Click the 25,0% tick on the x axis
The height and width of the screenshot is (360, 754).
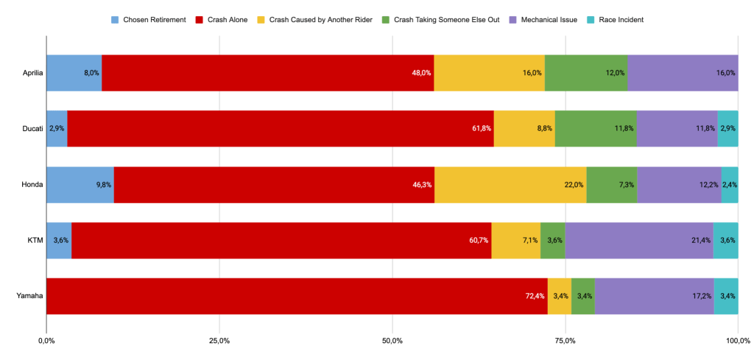tap(219, 341)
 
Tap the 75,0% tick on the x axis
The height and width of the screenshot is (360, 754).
tap(565, 341)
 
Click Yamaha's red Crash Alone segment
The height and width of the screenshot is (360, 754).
tap(295, 296)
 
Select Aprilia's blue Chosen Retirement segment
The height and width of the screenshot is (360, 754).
tap(74, 73)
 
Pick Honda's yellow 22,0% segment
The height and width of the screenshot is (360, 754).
tap(510, 185)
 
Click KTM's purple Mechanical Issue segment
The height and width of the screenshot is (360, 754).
tap(638, 240)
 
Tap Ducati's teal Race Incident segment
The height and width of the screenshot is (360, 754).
tap(727, 129)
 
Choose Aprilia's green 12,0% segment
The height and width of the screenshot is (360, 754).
tap(586, 73)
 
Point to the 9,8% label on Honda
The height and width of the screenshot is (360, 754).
tap(104, 185)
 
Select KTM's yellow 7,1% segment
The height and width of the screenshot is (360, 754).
tap(515, 240)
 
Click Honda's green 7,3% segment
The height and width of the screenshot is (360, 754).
tap(612, 185)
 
